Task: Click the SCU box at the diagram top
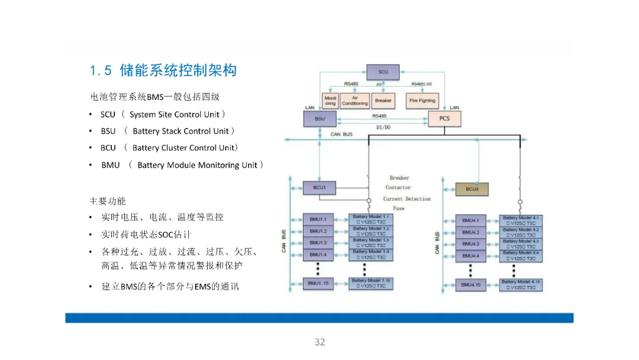click(x=383, y=72)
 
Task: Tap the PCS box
click(x=444, y=118)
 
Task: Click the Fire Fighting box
click(x=422, y=101)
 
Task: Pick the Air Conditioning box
click(x=355, y=101)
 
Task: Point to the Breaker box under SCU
click(x=383, y=101)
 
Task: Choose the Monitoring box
click(x=330, y=101)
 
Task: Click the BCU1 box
click(x=319, y=188)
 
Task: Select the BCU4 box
click(x=472, y=189)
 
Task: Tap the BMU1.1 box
click(x=318, y=219)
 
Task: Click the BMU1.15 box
click(x=318, y=284)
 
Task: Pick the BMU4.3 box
click(x=470, y=244)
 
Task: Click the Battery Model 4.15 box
click(x=521, y=284)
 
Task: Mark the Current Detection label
click(x=406, y=199)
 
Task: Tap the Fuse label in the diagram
click(x=399, y=208)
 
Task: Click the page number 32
click(x=319, y=342)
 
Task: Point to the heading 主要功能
click(x=108, y=201)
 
